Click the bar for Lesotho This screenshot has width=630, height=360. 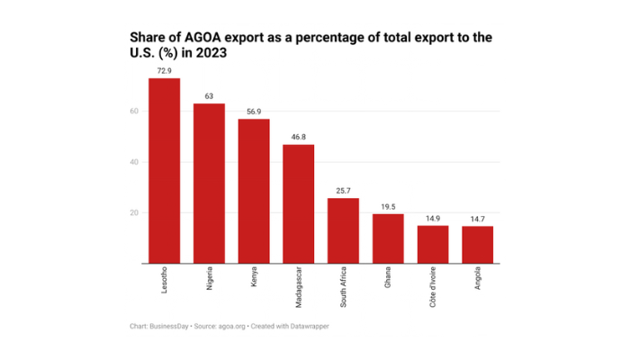(164, 171)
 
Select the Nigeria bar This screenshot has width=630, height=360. (209, 184)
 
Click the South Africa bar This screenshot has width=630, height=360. (343, 230)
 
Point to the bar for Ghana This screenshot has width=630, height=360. (388, 238)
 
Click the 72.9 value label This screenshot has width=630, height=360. (164, 69)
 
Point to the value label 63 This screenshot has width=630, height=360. (209, 94)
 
